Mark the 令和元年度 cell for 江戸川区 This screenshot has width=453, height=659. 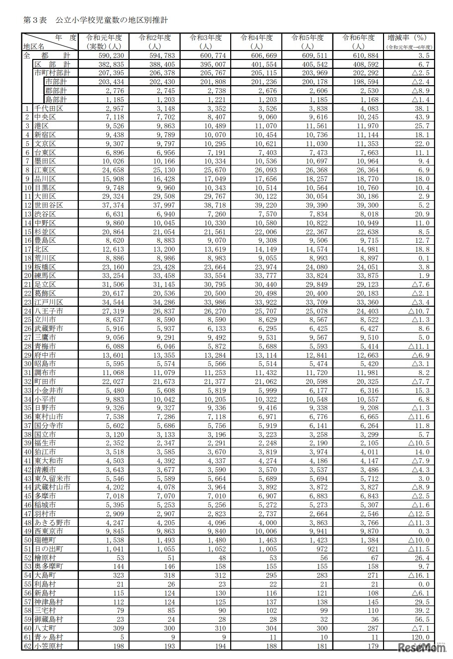(x=114, y=302)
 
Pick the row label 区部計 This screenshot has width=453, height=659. (x=57, y=64)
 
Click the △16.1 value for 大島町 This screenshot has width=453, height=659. (x=419, y=575)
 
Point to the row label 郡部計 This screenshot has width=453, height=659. (x=56, y=91)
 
